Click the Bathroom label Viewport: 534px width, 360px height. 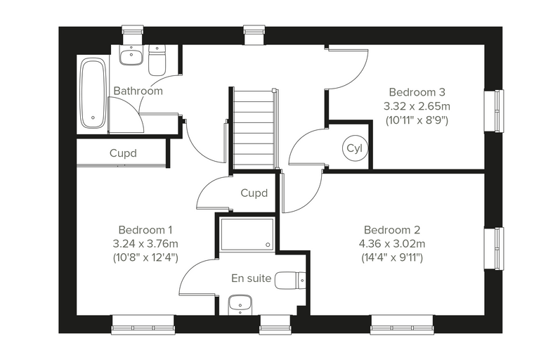138,91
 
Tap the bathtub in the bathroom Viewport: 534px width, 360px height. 92,94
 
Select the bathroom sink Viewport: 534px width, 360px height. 131,56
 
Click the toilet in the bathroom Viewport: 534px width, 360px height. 157,60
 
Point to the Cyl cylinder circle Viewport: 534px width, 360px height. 355,148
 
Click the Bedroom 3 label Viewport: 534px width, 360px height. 417,92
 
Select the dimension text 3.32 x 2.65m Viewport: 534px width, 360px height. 417,106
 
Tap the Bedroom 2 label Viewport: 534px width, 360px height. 392,230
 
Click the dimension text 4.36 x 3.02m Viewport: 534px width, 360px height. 392,244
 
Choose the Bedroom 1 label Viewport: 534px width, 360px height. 145,230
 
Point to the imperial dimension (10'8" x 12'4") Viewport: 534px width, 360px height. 145,257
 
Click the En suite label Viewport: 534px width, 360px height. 252,278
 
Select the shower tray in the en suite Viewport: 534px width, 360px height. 247,234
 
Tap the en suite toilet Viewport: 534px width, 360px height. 289,281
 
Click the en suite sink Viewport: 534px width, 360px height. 240,305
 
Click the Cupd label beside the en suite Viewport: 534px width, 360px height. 254,193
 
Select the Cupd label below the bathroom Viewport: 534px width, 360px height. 123,153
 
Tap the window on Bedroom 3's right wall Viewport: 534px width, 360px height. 494,110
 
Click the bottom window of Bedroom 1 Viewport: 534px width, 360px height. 143,324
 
